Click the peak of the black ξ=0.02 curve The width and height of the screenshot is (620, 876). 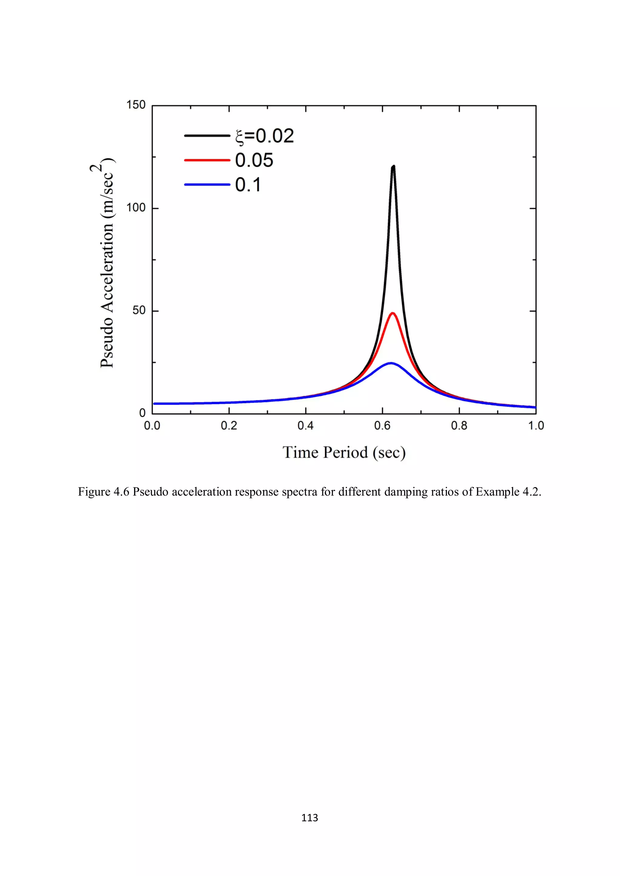point(393,167)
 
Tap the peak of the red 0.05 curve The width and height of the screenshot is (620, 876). point(392,313)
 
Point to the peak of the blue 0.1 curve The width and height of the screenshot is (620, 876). point(391,363)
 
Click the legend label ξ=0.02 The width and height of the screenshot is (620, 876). point(265,136)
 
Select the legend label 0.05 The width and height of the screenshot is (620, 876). point(254,160)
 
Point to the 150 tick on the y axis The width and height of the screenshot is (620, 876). point(136,105)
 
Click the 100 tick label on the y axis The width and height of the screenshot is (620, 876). point(136,208)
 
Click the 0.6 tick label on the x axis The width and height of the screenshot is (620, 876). point(382,426)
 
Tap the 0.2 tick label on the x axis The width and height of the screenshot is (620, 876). point(229,426)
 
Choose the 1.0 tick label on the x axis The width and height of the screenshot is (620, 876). point(536,426)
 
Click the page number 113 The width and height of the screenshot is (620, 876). point(310,817)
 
